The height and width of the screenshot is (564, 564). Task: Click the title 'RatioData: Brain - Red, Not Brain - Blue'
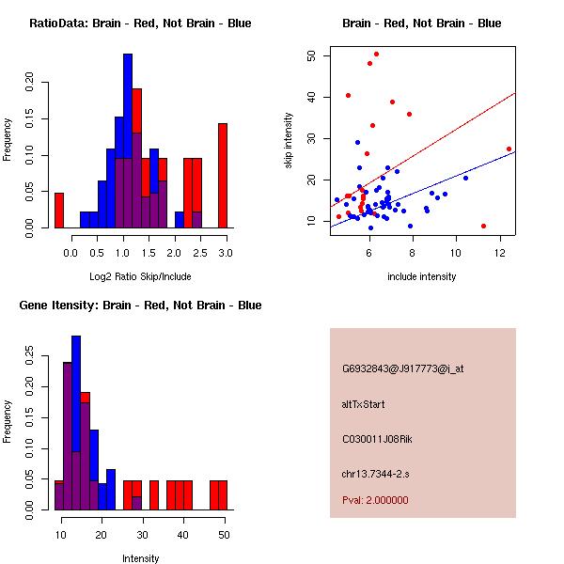click(x=140, y=23)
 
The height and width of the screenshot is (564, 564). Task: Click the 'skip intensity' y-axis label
click(x=290, y=141)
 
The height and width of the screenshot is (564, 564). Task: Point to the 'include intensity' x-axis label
click(x=422, y=277)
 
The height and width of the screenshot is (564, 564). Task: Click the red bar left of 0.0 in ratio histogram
click(x=58, y=210)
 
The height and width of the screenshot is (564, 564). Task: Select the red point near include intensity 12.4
click(x=509, y=149)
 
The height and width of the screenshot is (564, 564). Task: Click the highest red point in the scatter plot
click(x=376, y=55)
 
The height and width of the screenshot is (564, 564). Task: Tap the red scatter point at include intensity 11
click(x=483, y=226)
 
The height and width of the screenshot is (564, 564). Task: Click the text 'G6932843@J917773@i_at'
click(x=403, y=368)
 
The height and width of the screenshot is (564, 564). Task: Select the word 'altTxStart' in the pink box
click(x=364, y=404)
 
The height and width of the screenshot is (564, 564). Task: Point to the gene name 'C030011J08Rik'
click(x=376, y=439)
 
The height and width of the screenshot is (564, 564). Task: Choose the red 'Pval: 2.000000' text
click(x=375, y=500)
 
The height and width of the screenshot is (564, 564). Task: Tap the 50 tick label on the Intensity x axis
click(x=223, y=534)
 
